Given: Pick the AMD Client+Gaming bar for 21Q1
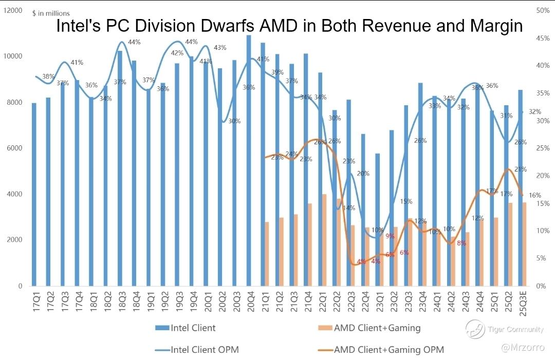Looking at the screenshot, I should pyautogui.click(x=267, y=254).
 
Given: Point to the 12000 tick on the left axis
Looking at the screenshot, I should pyautogui.click(x=12, y=10).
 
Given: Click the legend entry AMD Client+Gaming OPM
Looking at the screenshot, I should pyautogui.click(x=388, y=350).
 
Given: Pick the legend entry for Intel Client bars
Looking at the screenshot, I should pyautogui.click(x=193, y=328).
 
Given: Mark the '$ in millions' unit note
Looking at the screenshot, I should pyautogui.click(x=51, y=13).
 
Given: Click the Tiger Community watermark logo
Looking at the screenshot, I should pyautogui.click(x=475, y=329).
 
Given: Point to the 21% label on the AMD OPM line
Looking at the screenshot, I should pyautogui.click(x=520, y=169).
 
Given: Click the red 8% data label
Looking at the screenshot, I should pyautogui.click(x=461, y=243).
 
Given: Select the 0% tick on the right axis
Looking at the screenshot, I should pyautogui.click(x=540, y=286).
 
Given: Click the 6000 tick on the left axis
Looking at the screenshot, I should pyautogui.click(x=14, y=148).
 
